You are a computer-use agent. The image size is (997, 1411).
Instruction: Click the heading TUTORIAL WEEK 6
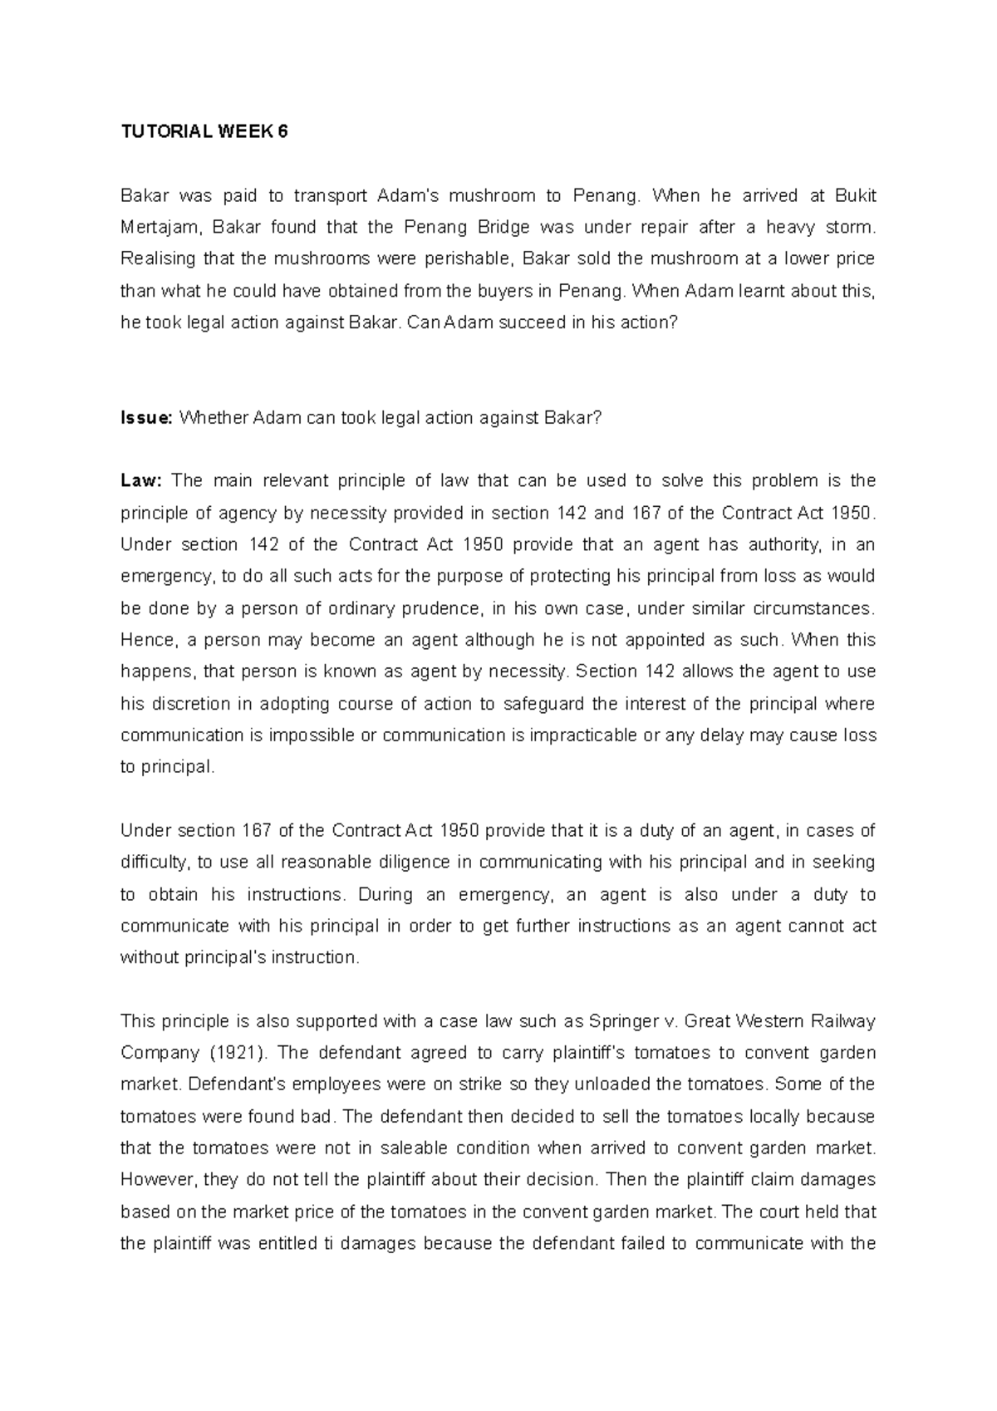coord(204,132)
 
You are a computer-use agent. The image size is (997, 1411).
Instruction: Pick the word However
coord(154,1179)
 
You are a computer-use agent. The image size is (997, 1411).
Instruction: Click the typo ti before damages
coord(327,1243)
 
